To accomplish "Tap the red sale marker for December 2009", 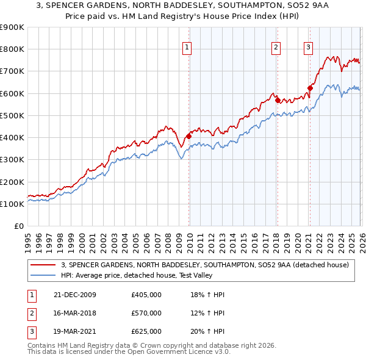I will pyautogui.click(x=188, y=136).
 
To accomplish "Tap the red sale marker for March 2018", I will pyautogui.click(x=277, y=99).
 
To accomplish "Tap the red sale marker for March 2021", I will pyautogui.click(x=310, y=88).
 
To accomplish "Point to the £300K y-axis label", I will pyautogui.click(x=12, y=160).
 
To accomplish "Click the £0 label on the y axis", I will pyautogui.click(x=18, y=226).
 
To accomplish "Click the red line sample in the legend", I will pyautogui.click(x=44, y=265).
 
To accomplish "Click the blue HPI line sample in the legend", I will pyautogui.click(x=44, y=275).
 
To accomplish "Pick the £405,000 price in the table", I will pyautogui.click(x=146, y=295).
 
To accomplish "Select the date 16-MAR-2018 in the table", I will pyautogui.click(x=74, y=313).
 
